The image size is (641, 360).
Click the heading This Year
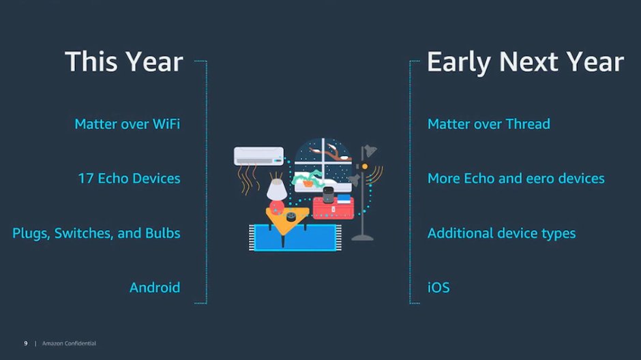[124, 61]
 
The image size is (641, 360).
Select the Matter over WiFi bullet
[127, 124]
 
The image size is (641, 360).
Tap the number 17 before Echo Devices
[86, 178]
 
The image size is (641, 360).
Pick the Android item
[155, 287]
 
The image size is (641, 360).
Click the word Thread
[528, 124]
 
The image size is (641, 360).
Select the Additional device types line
[502, 233]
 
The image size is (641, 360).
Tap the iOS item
[438, 288]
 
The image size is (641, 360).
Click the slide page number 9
[26, 343]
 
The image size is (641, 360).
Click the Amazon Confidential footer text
[69, 343]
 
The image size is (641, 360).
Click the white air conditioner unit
[258, 156]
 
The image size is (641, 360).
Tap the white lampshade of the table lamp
[277, 190]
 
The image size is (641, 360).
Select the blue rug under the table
[295, 237]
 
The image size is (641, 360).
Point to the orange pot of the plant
[308, 184]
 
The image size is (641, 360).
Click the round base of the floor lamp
[363, 237]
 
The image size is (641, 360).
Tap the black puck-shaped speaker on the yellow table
[291, 217]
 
